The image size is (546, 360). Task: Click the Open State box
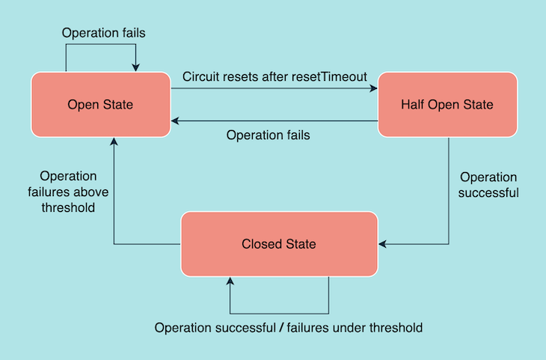[100, 105]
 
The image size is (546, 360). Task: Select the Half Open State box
[447, 105]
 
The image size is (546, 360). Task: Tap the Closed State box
[278, 244]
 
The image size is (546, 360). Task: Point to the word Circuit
[201, 76]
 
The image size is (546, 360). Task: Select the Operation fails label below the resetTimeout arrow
[268, 135]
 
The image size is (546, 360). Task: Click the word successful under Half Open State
[488, 192]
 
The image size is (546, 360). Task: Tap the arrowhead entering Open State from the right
[176, 120]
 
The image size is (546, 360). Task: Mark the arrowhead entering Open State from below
[114, 141]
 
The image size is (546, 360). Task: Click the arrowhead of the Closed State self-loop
[230, 281]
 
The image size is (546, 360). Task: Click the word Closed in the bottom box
[260, 244]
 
